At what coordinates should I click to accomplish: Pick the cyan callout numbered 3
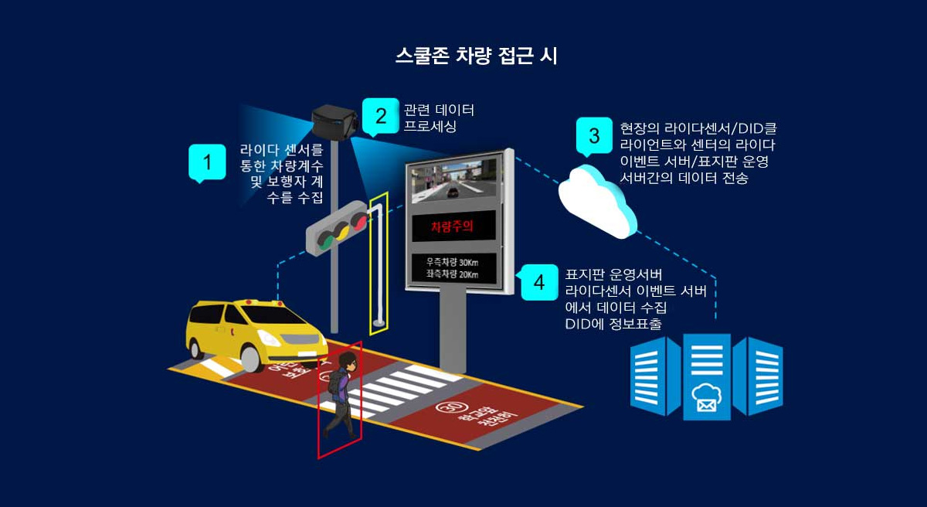(594, 137)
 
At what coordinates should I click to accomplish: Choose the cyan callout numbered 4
(538, 282)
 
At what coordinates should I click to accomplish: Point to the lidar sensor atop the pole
(333, 122)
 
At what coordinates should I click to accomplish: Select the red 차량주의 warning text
(451, 226)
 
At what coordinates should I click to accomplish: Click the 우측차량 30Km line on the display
(452, 263)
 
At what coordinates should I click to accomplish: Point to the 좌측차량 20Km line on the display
(452, 274)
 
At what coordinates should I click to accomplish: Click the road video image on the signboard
(453, 180)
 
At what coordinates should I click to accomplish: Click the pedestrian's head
(349, 362)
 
